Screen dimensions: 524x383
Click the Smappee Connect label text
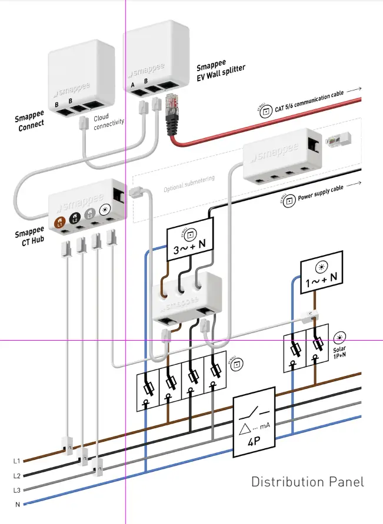click(x=29, y=120)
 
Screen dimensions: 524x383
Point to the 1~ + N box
click(x=321, y=271)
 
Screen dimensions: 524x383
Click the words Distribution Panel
click(x=308, y=482)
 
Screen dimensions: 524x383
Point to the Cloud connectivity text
click(x=109, y=120)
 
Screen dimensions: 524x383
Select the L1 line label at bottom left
click(x=16, y=461)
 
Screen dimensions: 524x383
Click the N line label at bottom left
click(x=17, y=504)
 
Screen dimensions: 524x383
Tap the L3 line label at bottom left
click(x=16, y=489)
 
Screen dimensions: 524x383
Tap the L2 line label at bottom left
click(x=16, y=475)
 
